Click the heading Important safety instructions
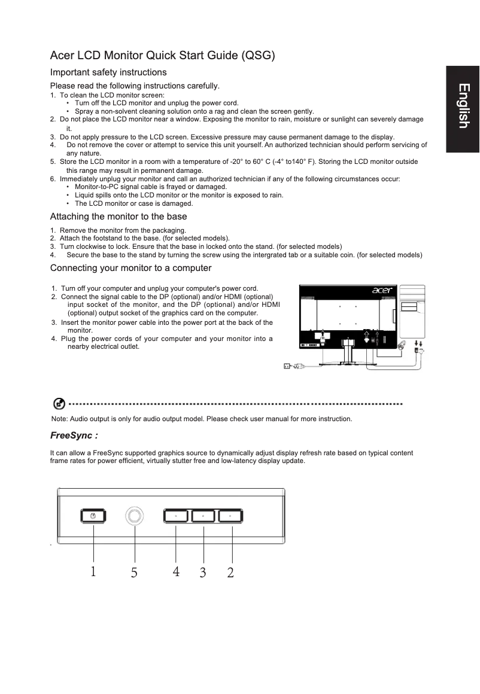(x=108, y=72)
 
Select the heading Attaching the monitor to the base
(x=119, y=217)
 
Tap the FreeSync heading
(x=74, y=435)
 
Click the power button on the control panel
(x=93, y=516)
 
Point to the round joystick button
(x=135, y=516)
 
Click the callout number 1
(x=93, y=571)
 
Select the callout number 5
(x=134, y=573)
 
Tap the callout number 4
(x=176, y=571)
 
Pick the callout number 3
(x=203, y=573)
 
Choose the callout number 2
(x=230, y=573)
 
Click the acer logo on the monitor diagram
(x=382, y=291)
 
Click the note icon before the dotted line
(x=59, y=404)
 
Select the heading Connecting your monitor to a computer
(x=130, y=267)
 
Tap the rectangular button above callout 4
(x=176, y=516)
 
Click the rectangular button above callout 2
(x=230, y=516)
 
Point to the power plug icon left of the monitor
(x=288, y=367)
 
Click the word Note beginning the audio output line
(x=59, y=419)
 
